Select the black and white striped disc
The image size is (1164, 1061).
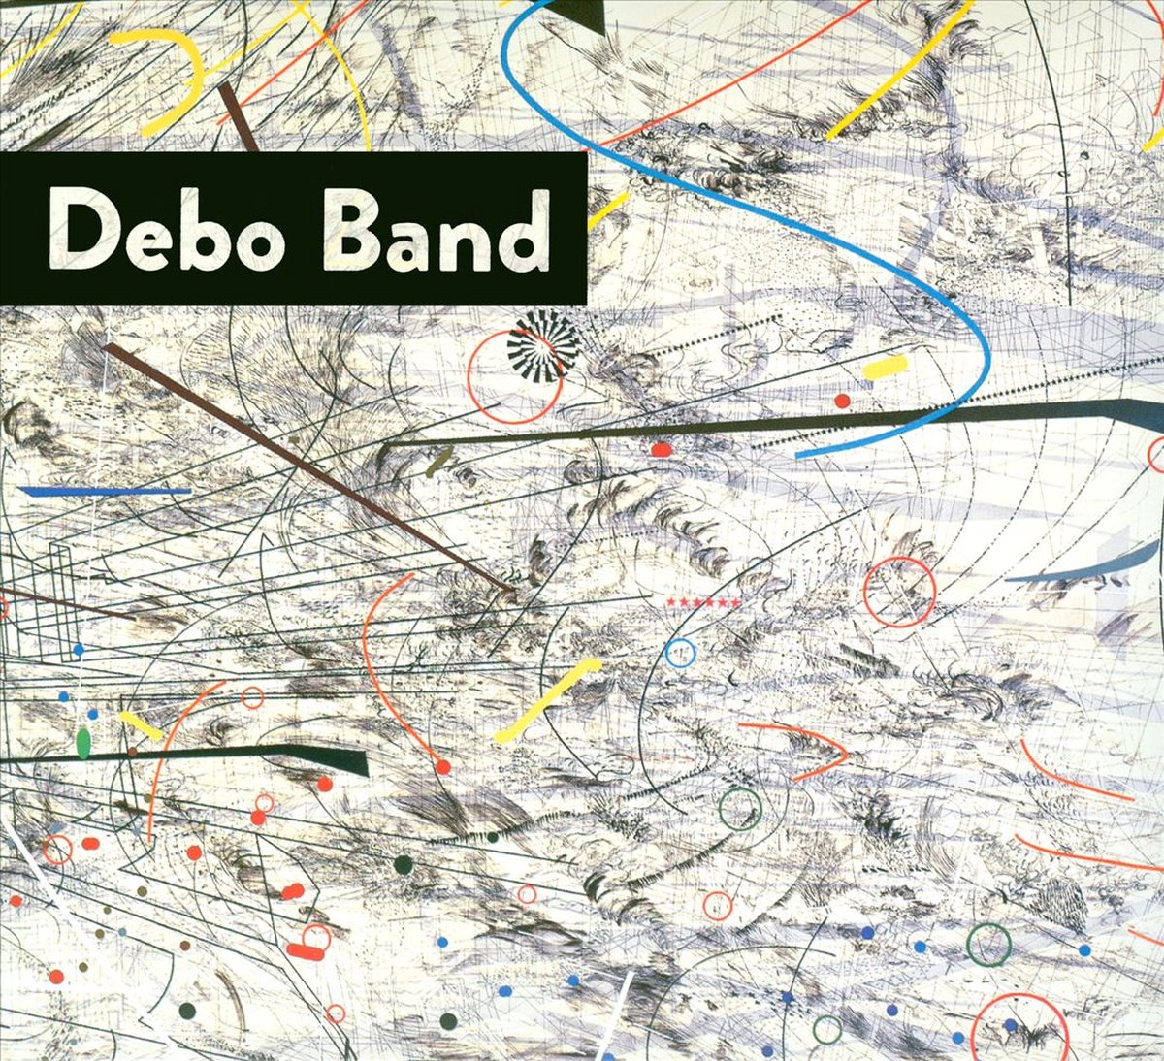click(x=542, y=345)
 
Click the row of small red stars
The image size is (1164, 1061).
click(x=704, y=603)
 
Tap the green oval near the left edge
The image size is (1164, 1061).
click(x=83, y=743)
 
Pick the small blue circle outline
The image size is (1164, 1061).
click(x=680, y=653)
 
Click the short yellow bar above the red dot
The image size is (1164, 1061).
click(x=885, y=367)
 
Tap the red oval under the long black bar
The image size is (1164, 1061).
click(x=661, y=450)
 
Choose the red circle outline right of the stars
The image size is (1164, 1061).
click(x=899, y=592)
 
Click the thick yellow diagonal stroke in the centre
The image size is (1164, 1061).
click(x=548, y=699)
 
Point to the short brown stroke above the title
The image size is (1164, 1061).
click(x=238, y=116)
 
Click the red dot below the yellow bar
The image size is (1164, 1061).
click(x=842, y=401)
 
